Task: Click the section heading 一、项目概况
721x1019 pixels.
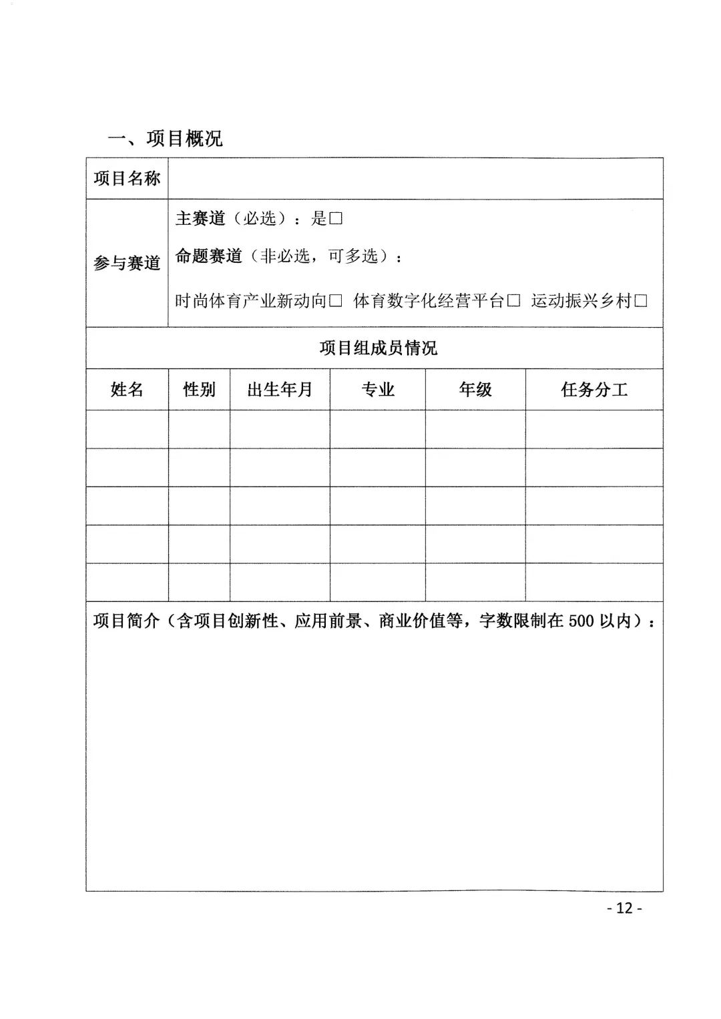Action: pos(165,138)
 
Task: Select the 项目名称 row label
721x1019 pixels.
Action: pos(127,178)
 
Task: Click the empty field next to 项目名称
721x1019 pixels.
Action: pos(415,178)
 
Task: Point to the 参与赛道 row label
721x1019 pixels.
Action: pos(127,263)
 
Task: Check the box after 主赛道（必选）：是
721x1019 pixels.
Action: pos(336,219)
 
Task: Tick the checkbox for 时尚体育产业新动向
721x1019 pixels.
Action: pos(336,302)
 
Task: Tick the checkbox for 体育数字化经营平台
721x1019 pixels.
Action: pos(513,302)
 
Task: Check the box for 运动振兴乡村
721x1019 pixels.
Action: pos(641,302)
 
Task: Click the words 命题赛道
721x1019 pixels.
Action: pos(208,256)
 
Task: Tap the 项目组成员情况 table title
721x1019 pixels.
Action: pos(378,348)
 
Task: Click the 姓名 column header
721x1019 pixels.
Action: pos(127,390)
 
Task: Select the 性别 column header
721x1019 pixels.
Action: pos(199,390)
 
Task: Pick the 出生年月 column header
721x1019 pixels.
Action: pos(280,390)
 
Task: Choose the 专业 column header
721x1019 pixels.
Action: pos(378,390)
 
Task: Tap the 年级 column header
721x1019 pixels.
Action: pos(475,390)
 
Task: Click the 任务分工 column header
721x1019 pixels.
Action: pos(594,390)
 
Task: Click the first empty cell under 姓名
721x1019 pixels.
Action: pos(127,429)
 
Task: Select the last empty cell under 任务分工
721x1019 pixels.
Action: pos(594,582)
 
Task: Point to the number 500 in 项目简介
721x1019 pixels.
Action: pos(581,621)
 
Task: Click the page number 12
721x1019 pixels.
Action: pos(624,908)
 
